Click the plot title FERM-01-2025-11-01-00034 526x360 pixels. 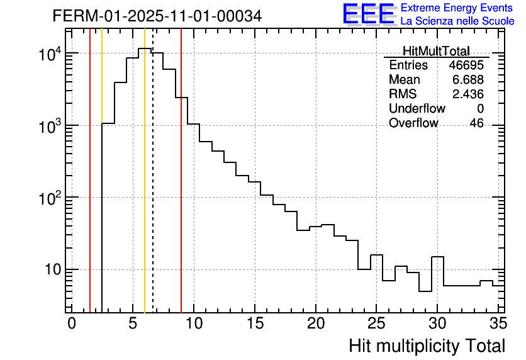[x=157, y=15]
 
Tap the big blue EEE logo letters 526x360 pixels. [x=369, y=14]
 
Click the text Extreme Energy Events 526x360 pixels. [x=457, y=8]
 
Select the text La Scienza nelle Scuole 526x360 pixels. [x=457, y=21]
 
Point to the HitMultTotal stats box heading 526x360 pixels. [x=436, y=52]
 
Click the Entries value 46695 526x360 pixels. [x=466, y=65]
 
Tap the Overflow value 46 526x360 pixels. [x=476, y=123]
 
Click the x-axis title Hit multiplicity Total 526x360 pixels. [x=427, y=346]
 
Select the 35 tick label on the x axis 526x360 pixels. [x=498, y=323]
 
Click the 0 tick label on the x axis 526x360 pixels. [x=72, y=323]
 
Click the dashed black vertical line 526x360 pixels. [x=153, y=189]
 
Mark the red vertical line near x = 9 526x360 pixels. [x=181, y=189]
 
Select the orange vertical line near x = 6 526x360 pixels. [x=145, y=189]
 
